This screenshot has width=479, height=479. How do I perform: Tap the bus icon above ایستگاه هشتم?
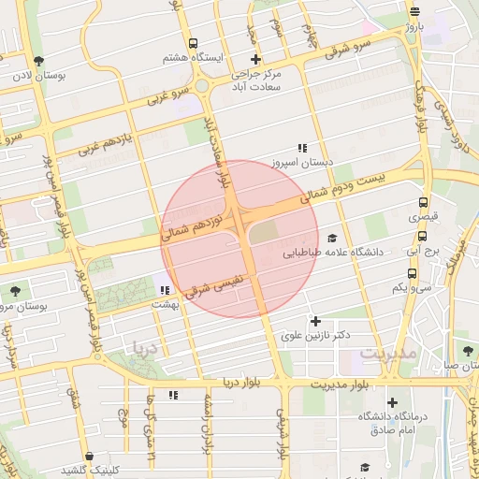[x=194, y=43]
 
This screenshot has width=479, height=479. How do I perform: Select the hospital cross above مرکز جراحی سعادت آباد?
[x=255, y=59]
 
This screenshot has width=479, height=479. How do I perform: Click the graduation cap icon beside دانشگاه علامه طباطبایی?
[x=334, y=239]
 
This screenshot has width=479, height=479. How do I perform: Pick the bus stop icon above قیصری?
[x=424, y=202]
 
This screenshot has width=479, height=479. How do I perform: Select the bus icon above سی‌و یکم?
[x=413, y=273]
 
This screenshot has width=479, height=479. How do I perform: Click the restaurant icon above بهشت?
[x=165, y=290]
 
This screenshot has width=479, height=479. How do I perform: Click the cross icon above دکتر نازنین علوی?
[x=315, y=321]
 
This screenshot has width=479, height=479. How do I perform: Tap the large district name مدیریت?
[x=386, y=355]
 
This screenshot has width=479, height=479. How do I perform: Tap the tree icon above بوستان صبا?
[x=467, y=350]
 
